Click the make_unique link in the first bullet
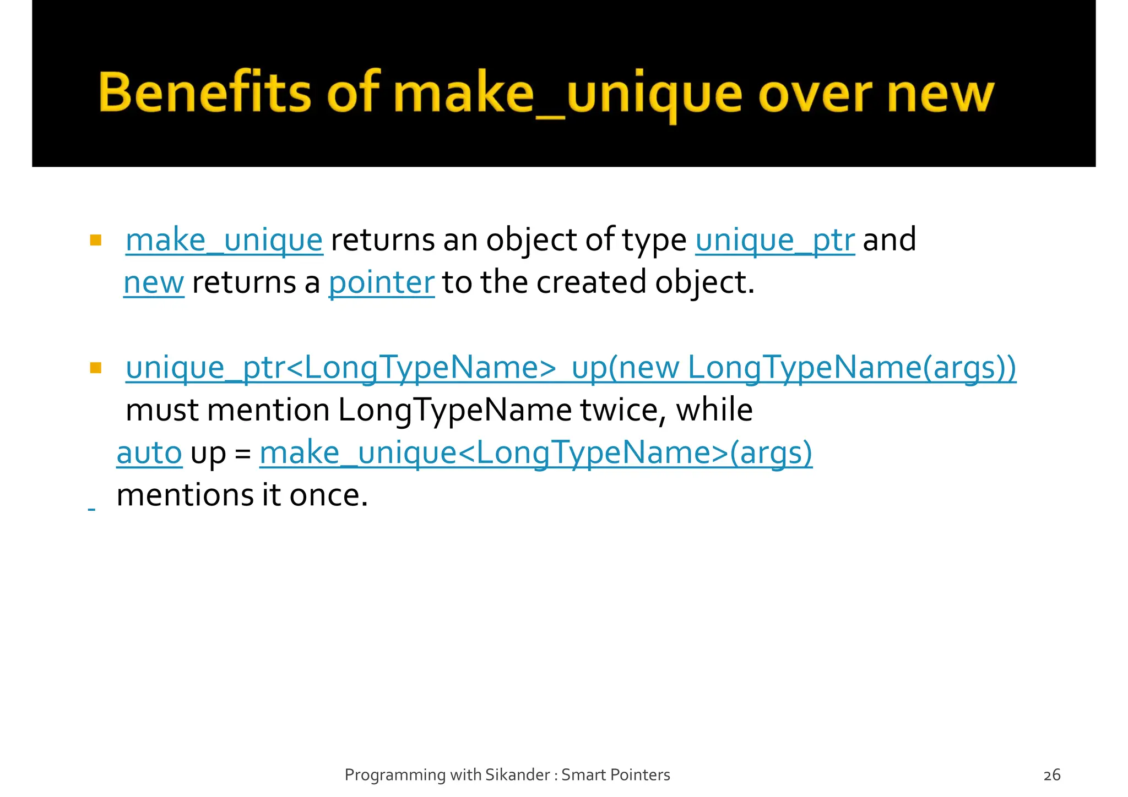(224, 241)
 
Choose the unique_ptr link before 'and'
(774, 241)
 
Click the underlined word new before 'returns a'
(154, 283)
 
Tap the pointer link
(381, 283)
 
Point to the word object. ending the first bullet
(704, 283)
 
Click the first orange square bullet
(96, 241)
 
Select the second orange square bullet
(96, 368)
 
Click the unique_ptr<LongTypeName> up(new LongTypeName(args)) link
(571, 368)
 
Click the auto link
(149, 452)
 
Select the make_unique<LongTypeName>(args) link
(535, 452)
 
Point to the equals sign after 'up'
(242, 454)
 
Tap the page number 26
(1051, 775)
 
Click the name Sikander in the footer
(518, 775)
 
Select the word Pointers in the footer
(643, 775)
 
